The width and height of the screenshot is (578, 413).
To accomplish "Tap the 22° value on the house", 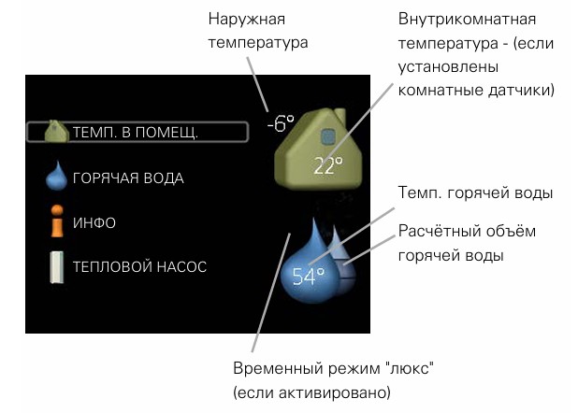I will [x=327, y=166].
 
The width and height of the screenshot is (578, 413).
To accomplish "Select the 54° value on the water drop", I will [x=308, y=276].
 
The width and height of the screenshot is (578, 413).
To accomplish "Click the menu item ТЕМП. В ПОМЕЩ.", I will [x=136, y=132].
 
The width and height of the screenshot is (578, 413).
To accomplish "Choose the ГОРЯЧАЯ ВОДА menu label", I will [x=128, y=178].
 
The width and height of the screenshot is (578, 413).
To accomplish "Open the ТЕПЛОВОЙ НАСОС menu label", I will [x=139, y=266].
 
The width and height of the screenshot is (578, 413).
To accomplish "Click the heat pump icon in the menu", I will [x=58, y=266].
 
